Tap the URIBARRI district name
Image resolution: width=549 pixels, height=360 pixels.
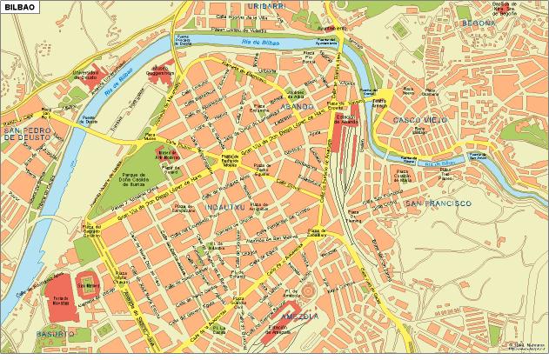click(x=265, y=7)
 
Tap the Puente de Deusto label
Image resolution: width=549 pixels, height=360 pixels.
click(x=90, y=121)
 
